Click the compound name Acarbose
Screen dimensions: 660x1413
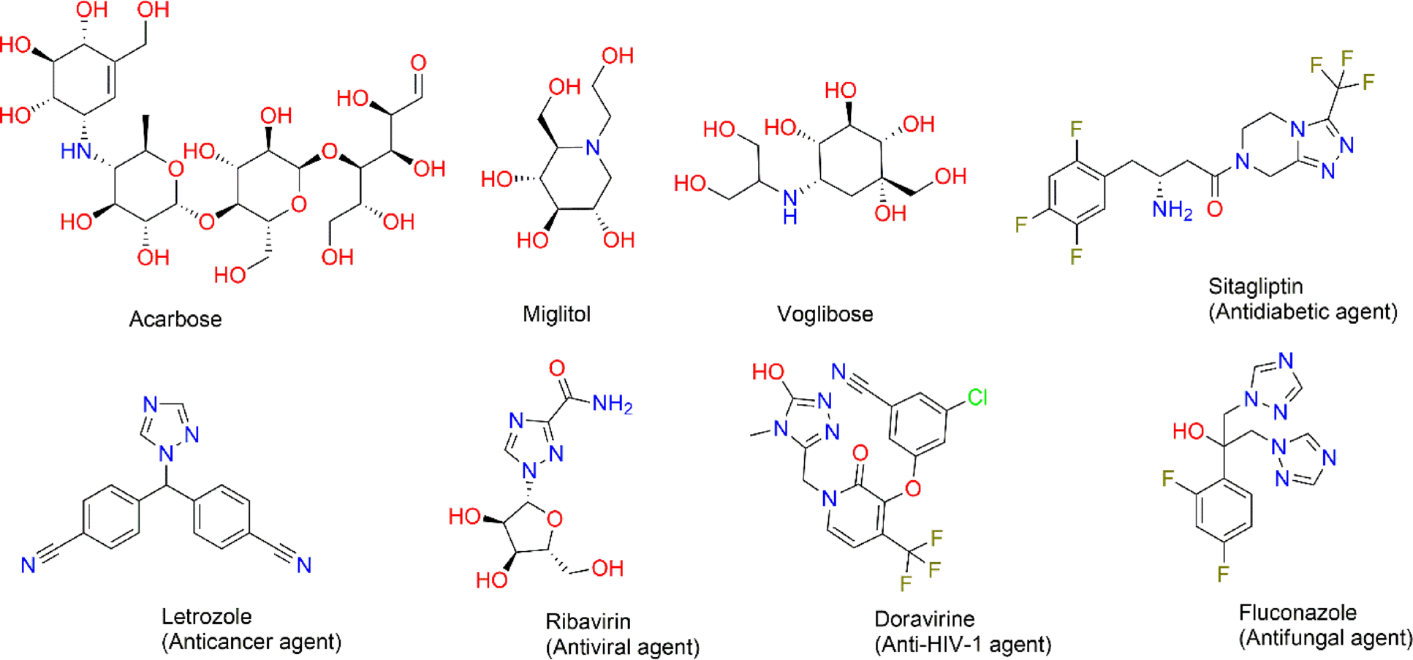[x=175, y=319]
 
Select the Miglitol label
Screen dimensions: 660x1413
[x=556, y=314]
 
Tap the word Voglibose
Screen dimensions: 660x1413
[x=825, y=314]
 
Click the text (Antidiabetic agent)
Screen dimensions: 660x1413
[x=1303, y=312]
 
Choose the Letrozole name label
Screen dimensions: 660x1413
[x=206, y=616]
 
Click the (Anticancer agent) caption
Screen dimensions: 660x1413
[x=251, y=642]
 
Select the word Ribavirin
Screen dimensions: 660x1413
[x=588, y=621]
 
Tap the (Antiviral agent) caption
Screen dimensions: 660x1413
[x=623, y=647]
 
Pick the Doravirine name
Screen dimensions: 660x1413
[x=924, y=619]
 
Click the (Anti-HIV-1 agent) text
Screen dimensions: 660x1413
[x=963, y=645]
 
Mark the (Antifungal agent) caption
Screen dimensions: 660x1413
[x=1325, y=638]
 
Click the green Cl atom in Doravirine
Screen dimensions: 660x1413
[x=977, y=398]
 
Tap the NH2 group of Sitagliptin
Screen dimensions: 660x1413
[x=1172, y=210]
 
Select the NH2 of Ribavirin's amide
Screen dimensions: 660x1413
[x=612, y=403]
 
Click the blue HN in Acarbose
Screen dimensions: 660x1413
[x=75, y=151]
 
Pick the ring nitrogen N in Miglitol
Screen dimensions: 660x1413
[x=593, y=148]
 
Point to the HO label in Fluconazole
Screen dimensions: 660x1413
[x=1188, y=431]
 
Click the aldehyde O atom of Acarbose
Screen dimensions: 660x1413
[x=418, y=63]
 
